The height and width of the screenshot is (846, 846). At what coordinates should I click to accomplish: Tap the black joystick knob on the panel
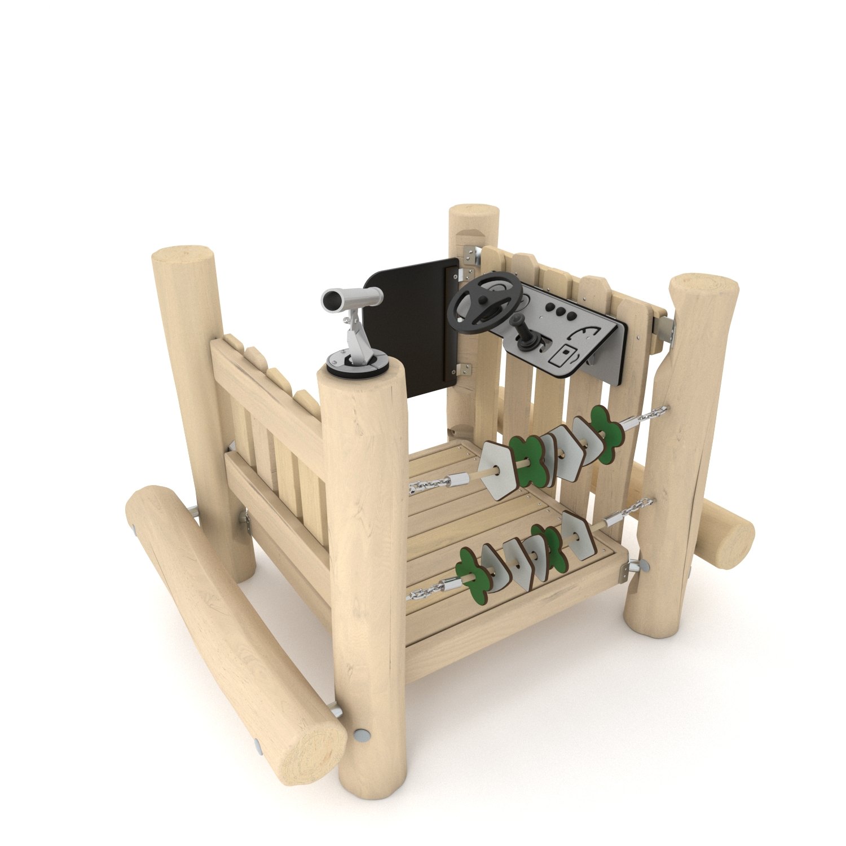click(x=519, y=320)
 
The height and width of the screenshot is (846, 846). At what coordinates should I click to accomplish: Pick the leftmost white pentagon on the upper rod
click(x=499, y=470)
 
